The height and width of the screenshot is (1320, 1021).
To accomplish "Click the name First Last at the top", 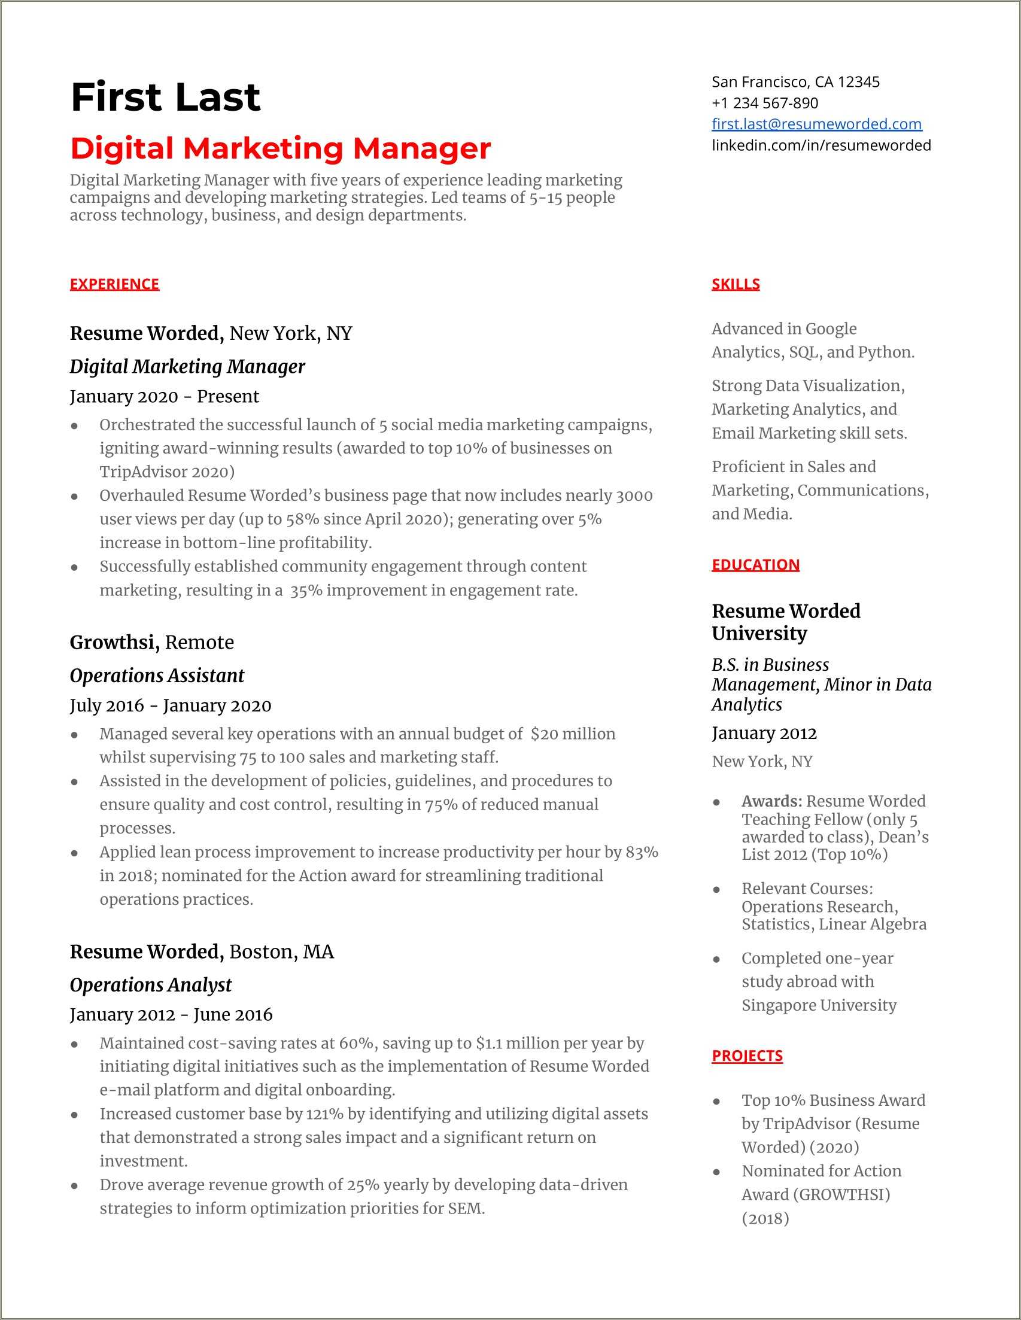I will coord(165,98).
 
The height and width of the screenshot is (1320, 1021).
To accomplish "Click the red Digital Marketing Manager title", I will coord(280,148).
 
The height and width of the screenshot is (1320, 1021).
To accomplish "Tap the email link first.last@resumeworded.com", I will coord(816,124).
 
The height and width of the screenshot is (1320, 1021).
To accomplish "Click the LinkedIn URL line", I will coord(821,145).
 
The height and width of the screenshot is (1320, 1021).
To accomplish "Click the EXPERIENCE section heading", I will coord(114,284).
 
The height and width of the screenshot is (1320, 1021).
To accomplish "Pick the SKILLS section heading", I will coord(735,284).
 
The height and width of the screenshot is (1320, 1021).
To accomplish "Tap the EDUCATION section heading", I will coord(755,564).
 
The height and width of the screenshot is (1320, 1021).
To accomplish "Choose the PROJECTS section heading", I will coord(746,1056).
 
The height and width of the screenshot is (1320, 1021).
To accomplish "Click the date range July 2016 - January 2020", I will coord(170,705).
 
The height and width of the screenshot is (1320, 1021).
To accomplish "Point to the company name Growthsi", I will coord(114,642).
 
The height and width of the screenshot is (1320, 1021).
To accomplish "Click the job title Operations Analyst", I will coord(151,984).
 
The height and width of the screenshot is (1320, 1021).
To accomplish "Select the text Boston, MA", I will coord(281,951).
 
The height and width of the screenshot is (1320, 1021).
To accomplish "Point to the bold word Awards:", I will coord(771,801).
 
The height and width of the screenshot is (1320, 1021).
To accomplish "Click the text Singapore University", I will coord(819,1005).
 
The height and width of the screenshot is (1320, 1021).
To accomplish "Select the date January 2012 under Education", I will coord(764,733).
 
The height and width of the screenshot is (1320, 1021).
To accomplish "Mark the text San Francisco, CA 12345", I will coord(795,81).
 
